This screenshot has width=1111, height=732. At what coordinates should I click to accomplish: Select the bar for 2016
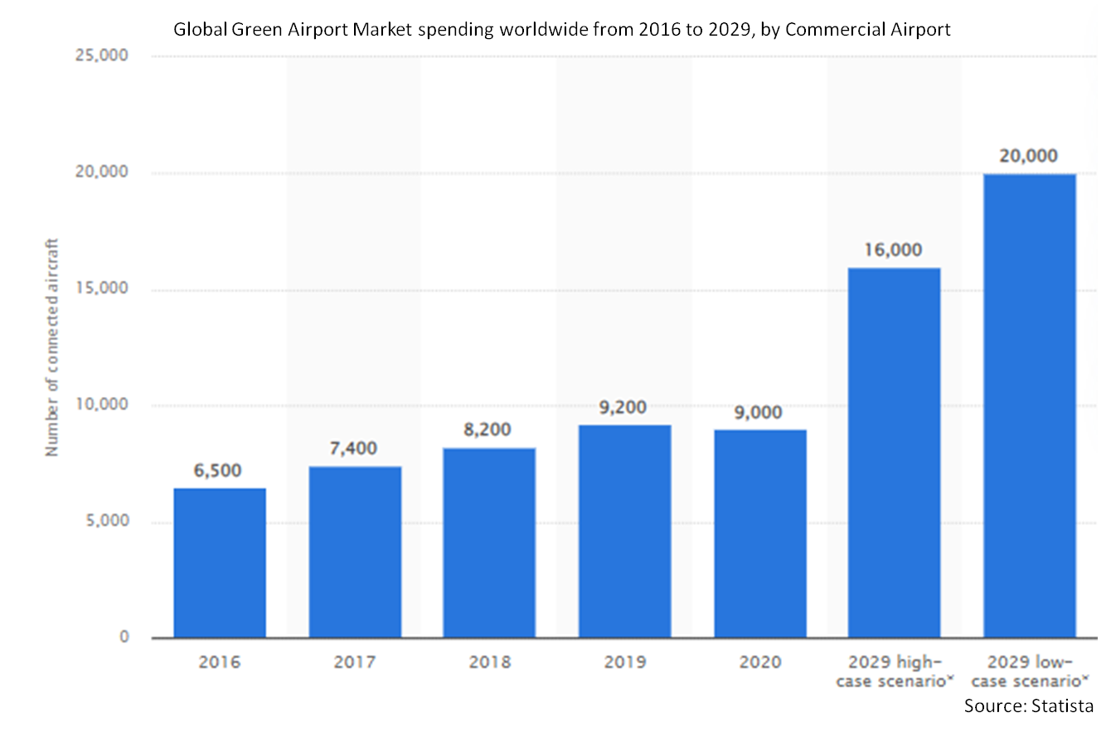(220, 563)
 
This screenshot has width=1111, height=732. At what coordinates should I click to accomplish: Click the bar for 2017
(355, 552)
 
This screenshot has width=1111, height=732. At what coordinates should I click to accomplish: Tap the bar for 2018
(489, 543)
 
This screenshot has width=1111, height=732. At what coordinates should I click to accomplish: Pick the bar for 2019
(625, 531)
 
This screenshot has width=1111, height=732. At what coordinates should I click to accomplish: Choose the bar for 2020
(760, 534)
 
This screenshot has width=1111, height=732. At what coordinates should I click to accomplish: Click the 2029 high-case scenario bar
(894, 453)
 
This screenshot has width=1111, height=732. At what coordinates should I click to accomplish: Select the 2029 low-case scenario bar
(1030, 405)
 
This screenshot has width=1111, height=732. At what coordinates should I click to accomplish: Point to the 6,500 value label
(220, 471)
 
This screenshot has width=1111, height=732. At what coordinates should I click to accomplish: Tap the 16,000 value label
(894, 250)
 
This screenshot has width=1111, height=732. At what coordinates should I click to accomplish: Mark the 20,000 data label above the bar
(1030, 157)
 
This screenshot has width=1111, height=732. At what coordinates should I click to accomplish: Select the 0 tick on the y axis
(124, 637)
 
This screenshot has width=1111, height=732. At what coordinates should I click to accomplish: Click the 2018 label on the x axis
(489, 662)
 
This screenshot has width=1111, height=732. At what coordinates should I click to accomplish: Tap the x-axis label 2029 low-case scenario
(1030, 671)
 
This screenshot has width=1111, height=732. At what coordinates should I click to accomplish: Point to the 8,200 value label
(489, 430)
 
